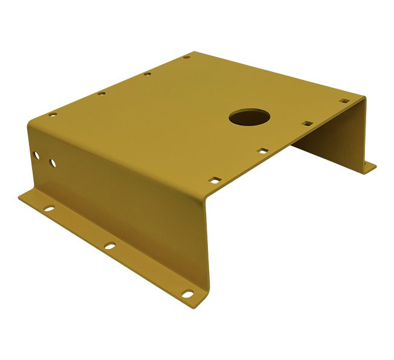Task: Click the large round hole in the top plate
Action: [x=248, y=116]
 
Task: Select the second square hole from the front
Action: [x=262, y=152]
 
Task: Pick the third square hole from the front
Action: [x=307, y=124]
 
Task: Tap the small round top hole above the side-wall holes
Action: [x=53, y=113]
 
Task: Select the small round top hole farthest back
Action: [x=187, y=58]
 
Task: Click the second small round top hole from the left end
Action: [x=101, y=94]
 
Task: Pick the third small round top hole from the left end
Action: [x=147, y=75]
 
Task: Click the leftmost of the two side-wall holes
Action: [x=38, y=156]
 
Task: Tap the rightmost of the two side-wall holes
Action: [x=53, y=163]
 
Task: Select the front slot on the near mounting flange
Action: [x=189, y=295]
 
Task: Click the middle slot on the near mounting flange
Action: [x=109, y=246]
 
